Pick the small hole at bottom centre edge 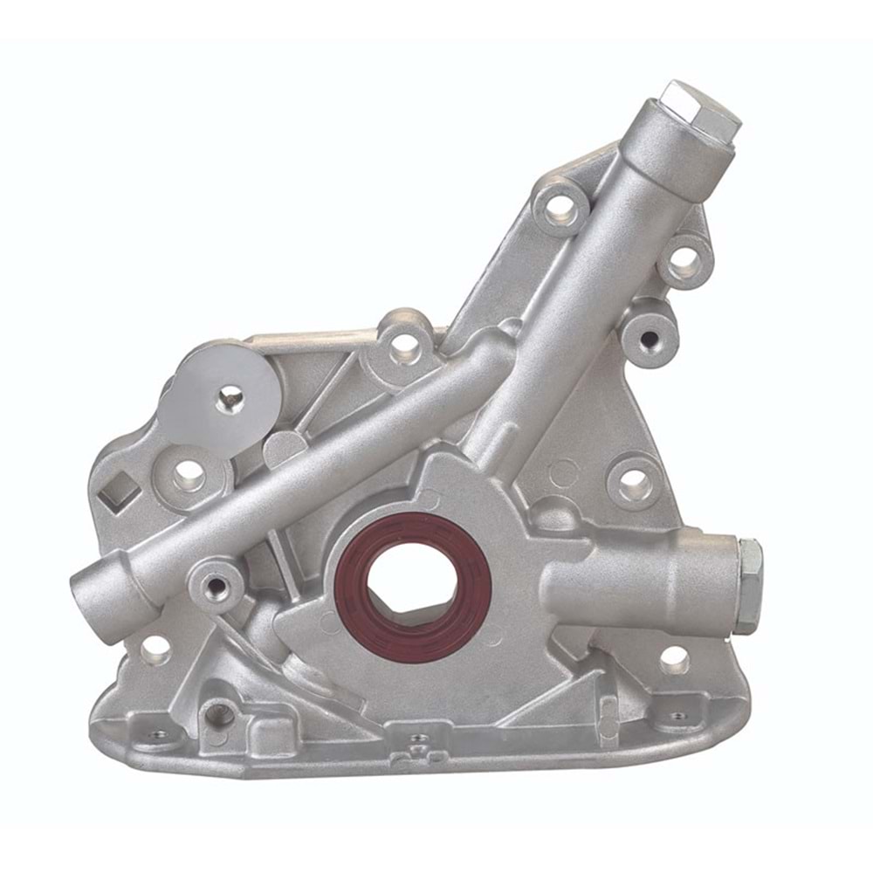pyautogui.click(x=419, y=738)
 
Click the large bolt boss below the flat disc pyautogui.click(x=187, y=476)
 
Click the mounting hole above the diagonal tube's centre pyautogui.click(x=403, y=344)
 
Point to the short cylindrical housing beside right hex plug pyautogui.click(x=646, y=583)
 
